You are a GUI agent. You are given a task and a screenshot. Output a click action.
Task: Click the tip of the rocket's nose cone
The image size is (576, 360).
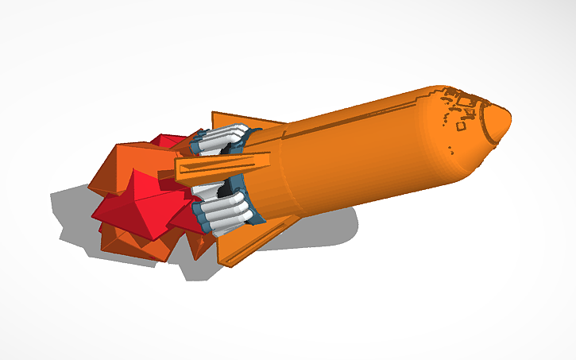tap(508, 120)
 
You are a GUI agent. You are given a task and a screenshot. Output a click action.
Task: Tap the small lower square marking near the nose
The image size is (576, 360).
tap(460, 126)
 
